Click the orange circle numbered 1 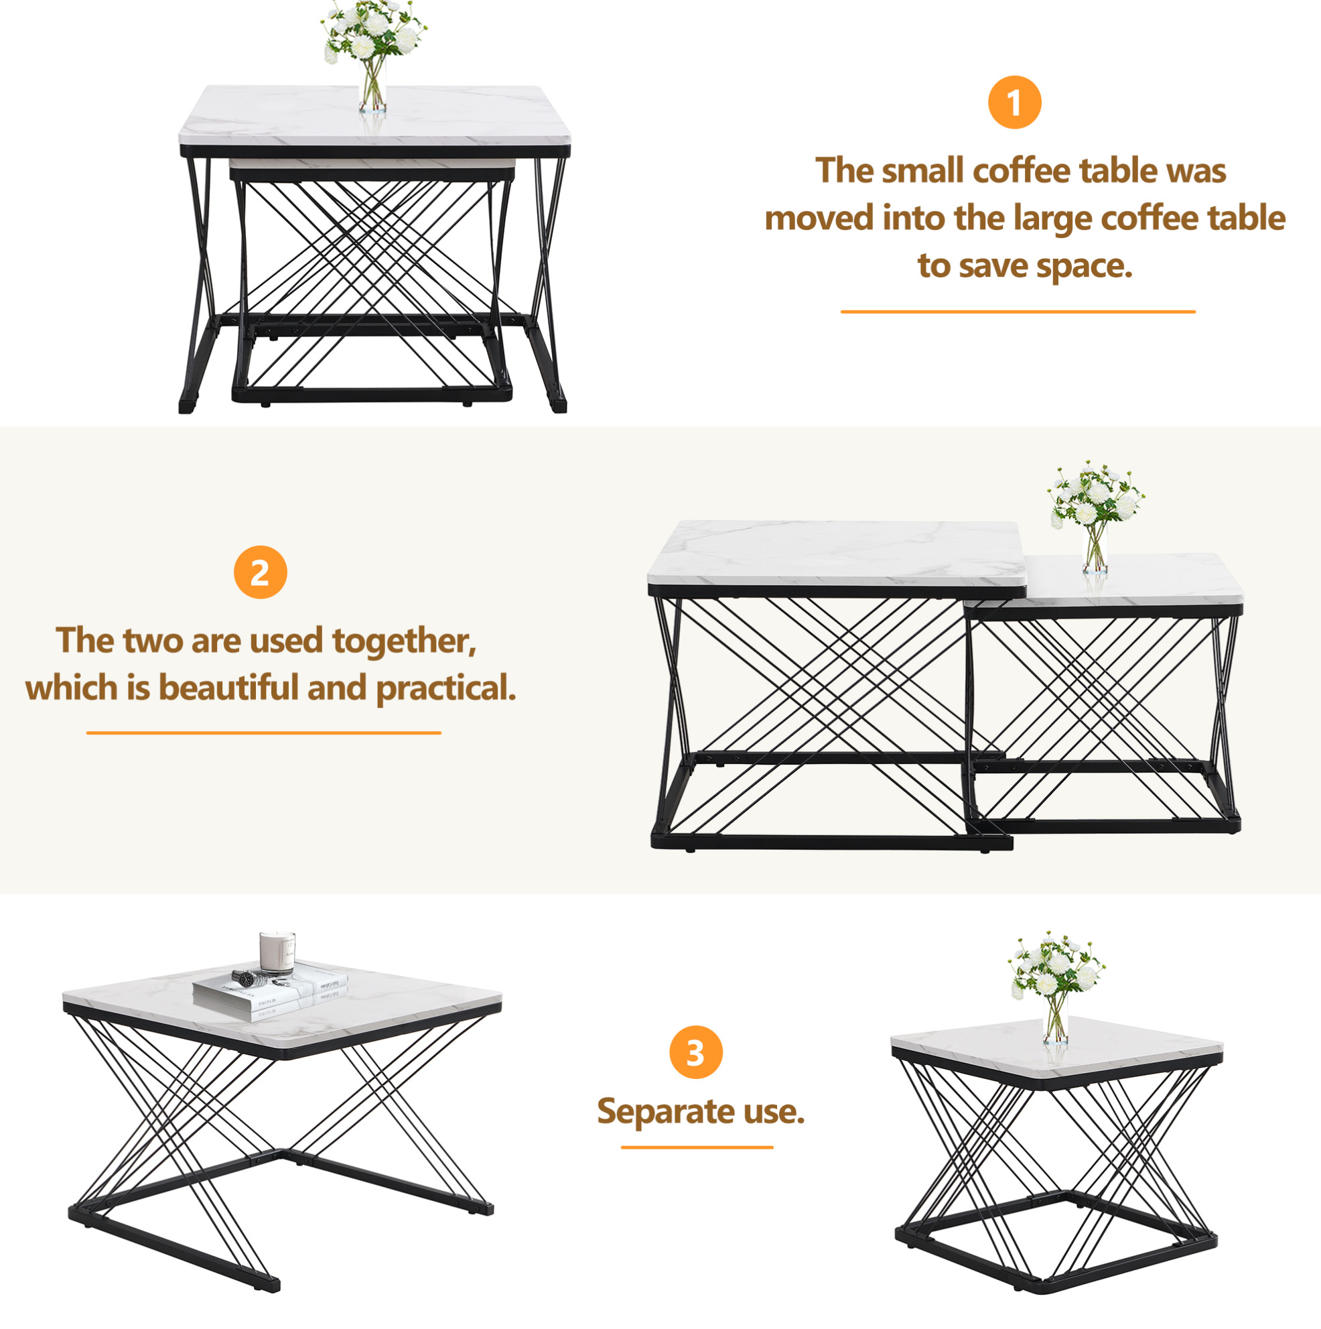(1014, 103)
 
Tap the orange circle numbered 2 (260, 572)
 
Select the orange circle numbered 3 (696, 1052)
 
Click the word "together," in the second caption (405, 641)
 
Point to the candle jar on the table (277, 954)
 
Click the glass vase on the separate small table (1056, 1018)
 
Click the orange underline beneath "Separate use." (697, 1147)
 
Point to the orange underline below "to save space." (1018, 312)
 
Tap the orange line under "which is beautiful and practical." (263, 733)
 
